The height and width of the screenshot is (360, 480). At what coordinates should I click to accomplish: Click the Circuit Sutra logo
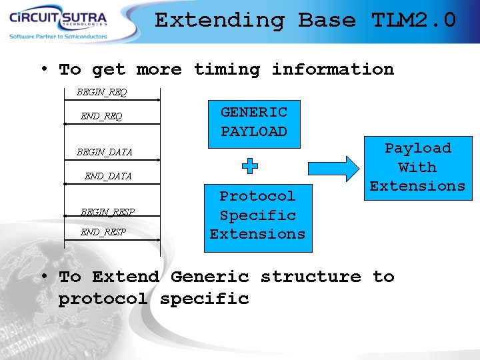pos(57,17)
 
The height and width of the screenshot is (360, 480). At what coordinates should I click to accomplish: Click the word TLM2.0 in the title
pos(413,20)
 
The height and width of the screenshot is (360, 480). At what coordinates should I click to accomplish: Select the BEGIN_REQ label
pos(101,91)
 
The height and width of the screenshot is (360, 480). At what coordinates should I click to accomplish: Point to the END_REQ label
pos(101,116)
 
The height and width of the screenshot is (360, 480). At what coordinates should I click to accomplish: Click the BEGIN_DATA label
pos(105,152)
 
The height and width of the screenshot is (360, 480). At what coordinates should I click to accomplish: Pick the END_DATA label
pos(108,176)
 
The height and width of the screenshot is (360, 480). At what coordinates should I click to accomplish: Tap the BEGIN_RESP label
pos(107,212)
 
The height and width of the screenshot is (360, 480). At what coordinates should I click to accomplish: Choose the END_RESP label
pos(103,232)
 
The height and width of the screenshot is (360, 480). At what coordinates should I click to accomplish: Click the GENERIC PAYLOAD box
pos(254,122)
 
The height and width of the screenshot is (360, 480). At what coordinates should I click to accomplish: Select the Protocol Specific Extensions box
pos(257,215)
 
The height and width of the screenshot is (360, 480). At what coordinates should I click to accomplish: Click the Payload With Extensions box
pos(417,167)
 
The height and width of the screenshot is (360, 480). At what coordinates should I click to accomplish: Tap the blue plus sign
pos(249,166)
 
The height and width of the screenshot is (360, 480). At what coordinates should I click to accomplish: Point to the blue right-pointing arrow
pos(347,168)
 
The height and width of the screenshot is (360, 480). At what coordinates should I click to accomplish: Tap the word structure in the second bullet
pos(311,277)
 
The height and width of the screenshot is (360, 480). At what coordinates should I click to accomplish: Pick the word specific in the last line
pos(204,299)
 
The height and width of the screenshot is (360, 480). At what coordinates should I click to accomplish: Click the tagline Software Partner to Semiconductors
pos(58,37)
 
